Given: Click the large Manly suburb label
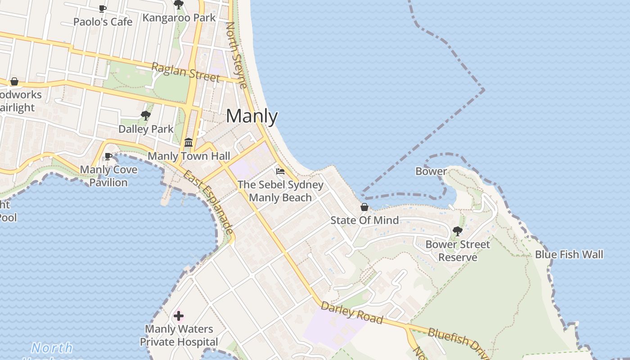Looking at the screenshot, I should click(x=252, y=117).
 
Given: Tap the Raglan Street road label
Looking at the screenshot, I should click(x=185, y=72).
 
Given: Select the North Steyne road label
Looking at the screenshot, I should click(x=237, y=55).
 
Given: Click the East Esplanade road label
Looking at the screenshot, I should click(x=209, y=202).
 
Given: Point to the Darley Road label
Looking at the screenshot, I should click(x=352, y=313).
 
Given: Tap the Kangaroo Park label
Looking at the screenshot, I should click(x=179, y=18).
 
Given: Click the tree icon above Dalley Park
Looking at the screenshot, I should click(x=145, y=116).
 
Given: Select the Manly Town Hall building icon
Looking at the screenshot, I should click(x=189, y=143).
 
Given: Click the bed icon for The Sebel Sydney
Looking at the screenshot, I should click(x=280, y=171).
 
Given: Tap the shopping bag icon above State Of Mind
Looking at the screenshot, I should click(x=364, y=207).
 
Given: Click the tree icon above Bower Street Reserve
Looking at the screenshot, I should click(x=458, y=231).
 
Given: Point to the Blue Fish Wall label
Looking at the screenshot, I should click(x=569, y=254).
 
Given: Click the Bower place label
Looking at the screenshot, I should click(x=431, y=171).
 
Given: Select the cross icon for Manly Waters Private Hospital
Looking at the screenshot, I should click(x=179, y=316).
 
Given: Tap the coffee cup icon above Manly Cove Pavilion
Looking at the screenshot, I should click(x=108, y=156).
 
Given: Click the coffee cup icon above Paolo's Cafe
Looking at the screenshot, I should click(x=103, y=8).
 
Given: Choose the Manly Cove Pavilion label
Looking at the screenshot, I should click(x=108, y=176).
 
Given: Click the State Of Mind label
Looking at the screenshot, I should click(x=364, y=220).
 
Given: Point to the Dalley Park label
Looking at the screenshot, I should click(x=146, y=129).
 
